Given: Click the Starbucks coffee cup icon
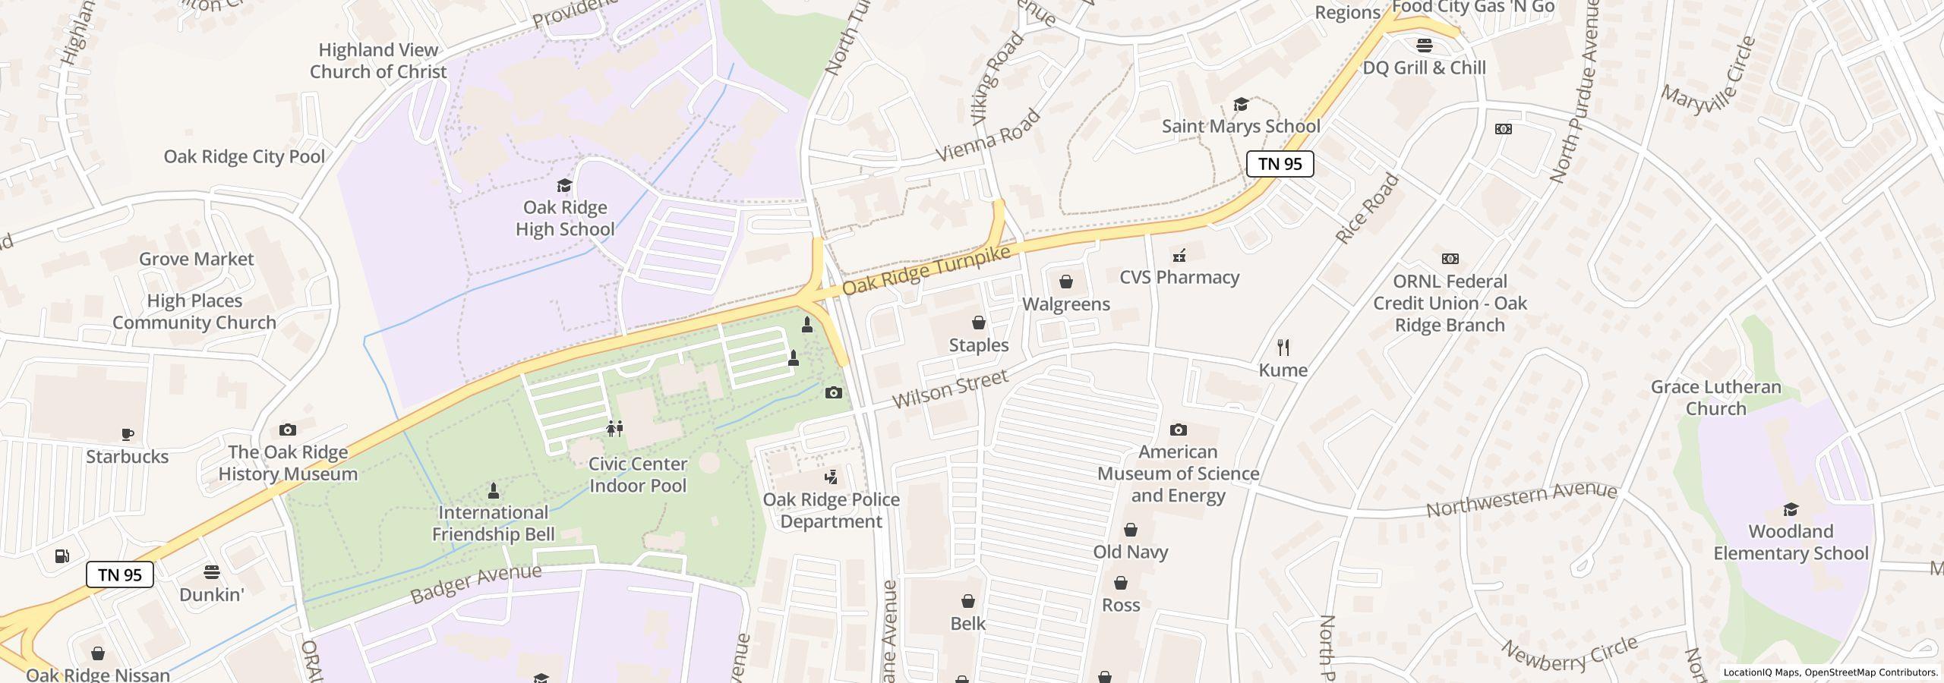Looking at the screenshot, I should point(128,435).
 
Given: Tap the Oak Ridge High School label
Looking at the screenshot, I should point(565,219).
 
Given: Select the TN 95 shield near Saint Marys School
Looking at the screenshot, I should point(1280,164).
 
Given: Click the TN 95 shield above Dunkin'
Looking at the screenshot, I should point(120,574).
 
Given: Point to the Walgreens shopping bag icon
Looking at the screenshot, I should point(1066,282).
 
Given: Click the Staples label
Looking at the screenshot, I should point(979,345).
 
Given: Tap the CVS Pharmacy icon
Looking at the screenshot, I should point(1179,256).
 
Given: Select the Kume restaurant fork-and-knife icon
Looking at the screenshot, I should point(1283,348).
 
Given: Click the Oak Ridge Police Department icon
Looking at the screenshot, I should point(832,477).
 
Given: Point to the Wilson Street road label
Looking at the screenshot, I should point(950,389).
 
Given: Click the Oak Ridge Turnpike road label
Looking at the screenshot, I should point(927,270).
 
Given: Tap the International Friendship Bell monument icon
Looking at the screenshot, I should point(494,491).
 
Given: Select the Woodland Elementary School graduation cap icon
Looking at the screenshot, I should point(1791,509).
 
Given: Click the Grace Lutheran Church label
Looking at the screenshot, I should point(1715,398).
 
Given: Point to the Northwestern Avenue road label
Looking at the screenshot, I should point(1521,500).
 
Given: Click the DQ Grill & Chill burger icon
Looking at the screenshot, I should point(1425,46).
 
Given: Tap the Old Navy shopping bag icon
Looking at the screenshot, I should point(1131,530).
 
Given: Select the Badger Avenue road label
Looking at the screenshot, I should point(476,584).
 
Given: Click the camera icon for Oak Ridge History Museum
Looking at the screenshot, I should point(288,430).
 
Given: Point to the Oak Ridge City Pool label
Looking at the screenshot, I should point(245,156).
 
